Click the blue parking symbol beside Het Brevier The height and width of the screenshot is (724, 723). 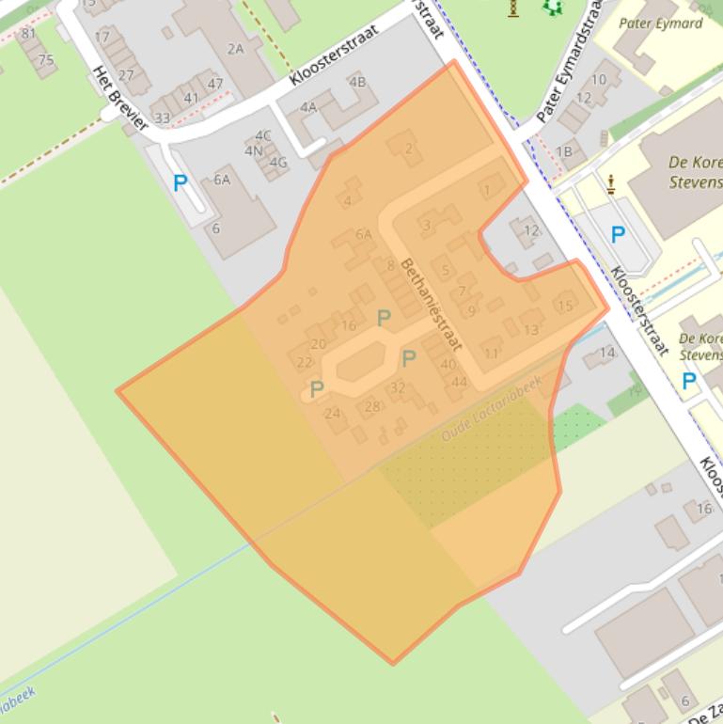click(180, 183)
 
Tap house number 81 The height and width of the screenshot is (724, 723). click(28, 35)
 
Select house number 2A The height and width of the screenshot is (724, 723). click(234, 48)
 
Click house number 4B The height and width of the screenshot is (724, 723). click(357, 82)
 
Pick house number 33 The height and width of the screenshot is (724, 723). click(163, 118)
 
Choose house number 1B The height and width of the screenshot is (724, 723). click(563, 151)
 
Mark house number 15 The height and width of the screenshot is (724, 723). click(565, 305)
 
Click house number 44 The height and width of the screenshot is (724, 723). click(459, 382)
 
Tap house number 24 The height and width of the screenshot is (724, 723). click(332, 413)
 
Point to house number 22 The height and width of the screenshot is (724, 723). click(304, 363)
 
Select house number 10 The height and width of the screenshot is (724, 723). click(599, 80)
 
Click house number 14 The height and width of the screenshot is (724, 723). click(606, 354)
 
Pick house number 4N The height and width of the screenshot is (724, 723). click(254, 150)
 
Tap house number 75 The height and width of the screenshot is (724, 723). click(45, 61)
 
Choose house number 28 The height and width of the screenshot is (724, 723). click(372, 406)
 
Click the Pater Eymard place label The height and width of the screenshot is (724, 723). click(661, 24)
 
